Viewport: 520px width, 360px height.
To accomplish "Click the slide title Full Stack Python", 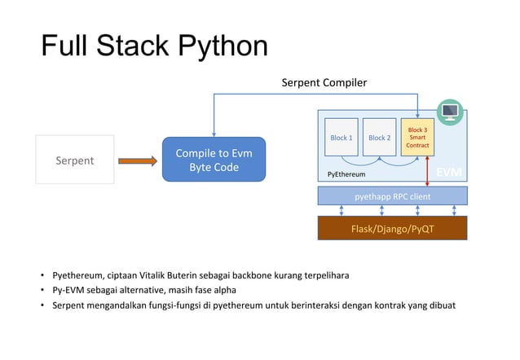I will (x=154, y=46).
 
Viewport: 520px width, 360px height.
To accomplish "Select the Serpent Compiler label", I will (x=324, y=83).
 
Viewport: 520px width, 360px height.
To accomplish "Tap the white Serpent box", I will (x=74, y=160).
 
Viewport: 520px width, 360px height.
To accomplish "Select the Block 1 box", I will (x=341, y=138).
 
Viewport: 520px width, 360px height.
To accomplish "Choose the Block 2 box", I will (x=379, y=138).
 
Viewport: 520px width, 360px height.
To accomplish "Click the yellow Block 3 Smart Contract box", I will (x=417, y=137).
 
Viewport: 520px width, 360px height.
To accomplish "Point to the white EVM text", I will (x=449, y=173).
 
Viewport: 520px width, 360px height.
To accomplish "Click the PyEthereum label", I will (x=346, y=174).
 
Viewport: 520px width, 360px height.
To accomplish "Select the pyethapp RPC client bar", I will (x=392, y=195).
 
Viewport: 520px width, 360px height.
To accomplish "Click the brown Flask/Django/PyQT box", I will (x=392, y=229).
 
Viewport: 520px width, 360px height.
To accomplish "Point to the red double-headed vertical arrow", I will (x=427, y=169).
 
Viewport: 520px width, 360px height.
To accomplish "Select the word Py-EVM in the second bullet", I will (x=69, y=290).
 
